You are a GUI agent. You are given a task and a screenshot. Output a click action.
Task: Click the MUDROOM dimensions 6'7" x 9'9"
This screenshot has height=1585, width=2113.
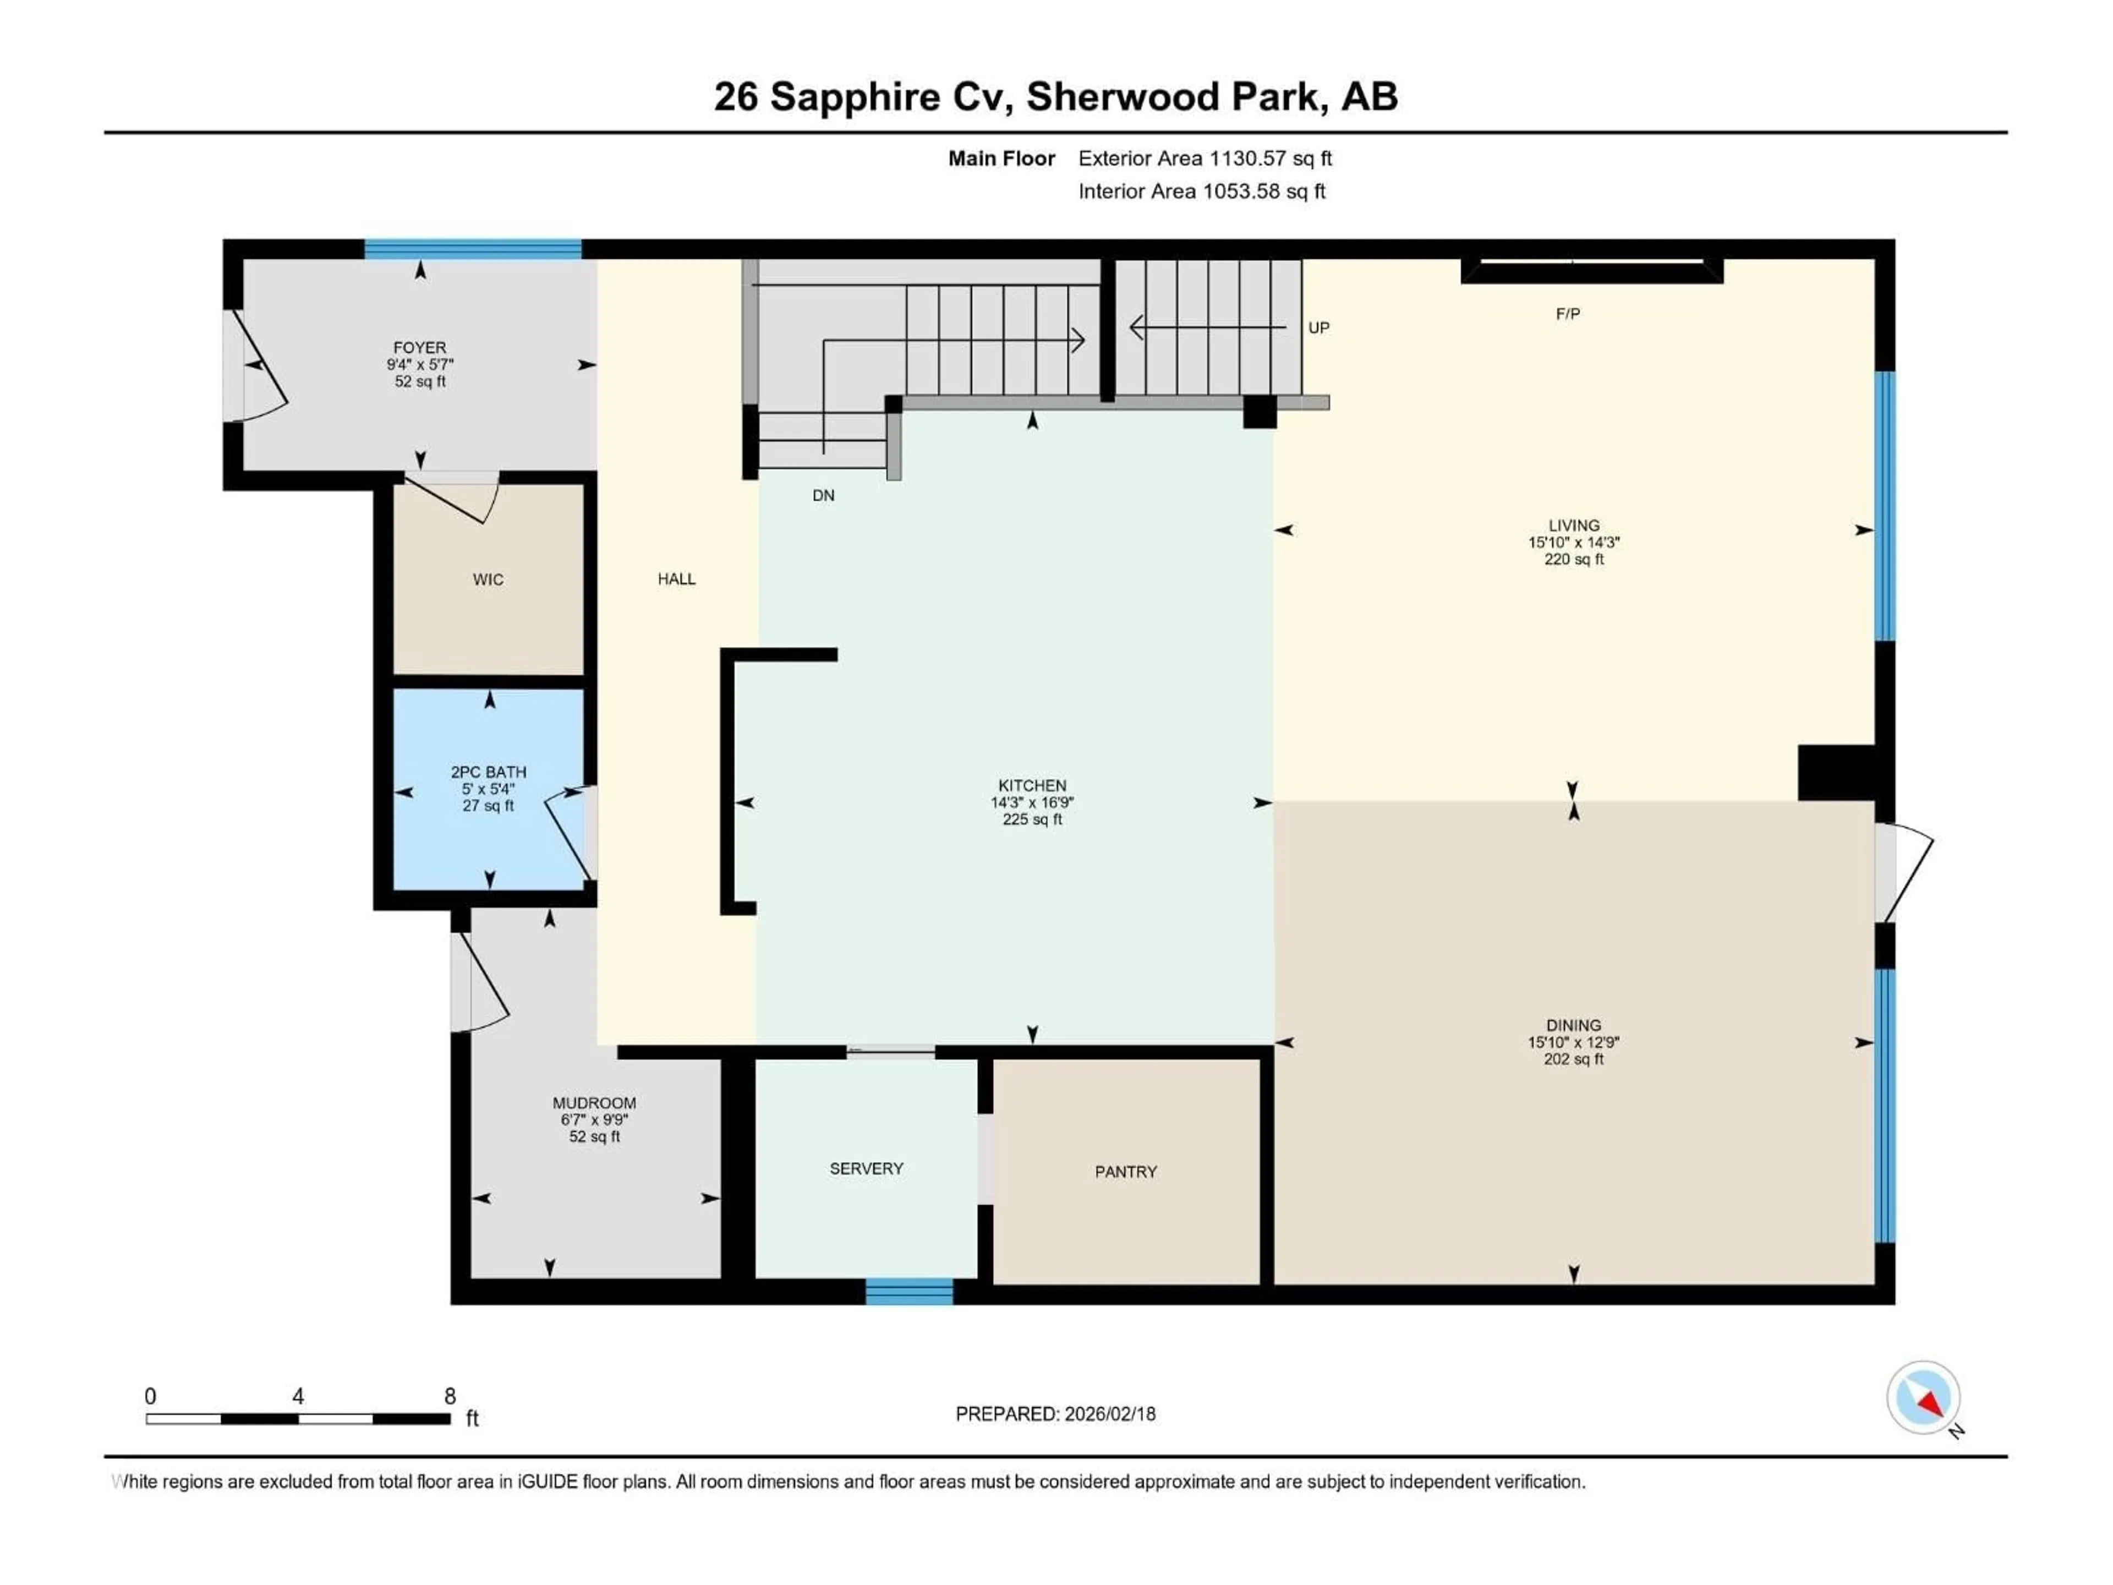tap(594, 1120)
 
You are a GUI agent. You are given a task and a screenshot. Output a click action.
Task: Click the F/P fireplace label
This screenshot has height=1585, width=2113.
tap(1568, 313)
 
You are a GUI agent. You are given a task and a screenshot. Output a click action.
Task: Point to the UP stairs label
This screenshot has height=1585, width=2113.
tap(1318, 327)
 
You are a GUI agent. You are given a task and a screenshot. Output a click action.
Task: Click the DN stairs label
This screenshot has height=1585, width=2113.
tap(823, 495)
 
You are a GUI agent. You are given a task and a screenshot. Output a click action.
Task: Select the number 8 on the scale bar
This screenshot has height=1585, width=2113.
tap(450, 1396)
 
